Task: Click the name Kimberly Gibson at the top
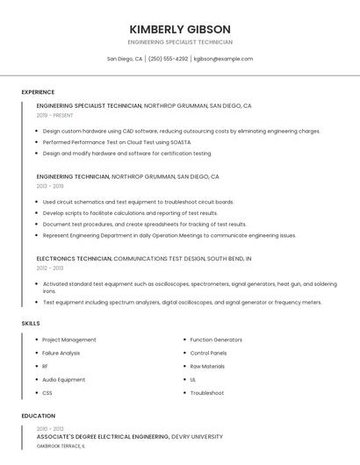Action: (x=180, y=29)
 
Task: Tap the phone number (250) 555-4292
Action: (x=168, y=59)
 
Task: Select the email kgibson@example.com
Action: (x=223, y=59)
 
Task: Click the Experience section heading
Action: (x=38, y=92)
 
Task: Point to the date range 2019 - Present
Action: (x=54, y=115)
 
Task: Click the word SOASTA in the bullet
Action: (x=180, y=142)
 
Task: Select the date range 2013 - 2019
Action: (x=50, y=186)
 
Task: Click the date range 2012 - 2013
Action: (x=50, y=268)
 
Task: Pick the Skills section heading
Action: (x=30, y=324)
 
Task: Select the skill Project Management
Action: (x=69, y=340)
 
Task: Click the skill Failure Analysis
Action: (x=61, y=353)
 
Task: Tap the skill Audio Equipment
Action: (x=64, y=380)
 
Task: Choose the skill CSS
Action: (x=47, y=393)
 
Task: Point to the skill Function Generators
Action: (x=216, y=340)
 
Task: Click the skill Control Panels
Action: (x=208, y=353)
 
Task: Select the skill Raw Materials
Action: (x=207, y=366)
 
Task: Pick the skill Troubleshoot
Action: (x=206, y=393)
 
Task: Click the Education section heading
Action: (x=38, y=416)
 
